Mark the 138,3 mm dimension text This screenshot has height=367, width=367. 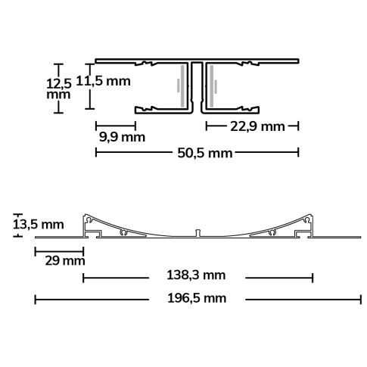(198, 278)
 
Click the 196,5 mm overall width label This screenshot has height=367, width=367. (197, 300)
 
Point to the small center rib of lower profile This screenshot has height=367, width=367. (197, 230)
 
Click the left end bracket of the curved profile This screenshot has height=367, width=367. (93, 222)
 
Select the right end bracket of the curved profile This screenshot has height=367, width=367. (305, 222)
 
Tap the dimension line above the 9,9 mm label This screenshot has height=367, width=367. (116, 125)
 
